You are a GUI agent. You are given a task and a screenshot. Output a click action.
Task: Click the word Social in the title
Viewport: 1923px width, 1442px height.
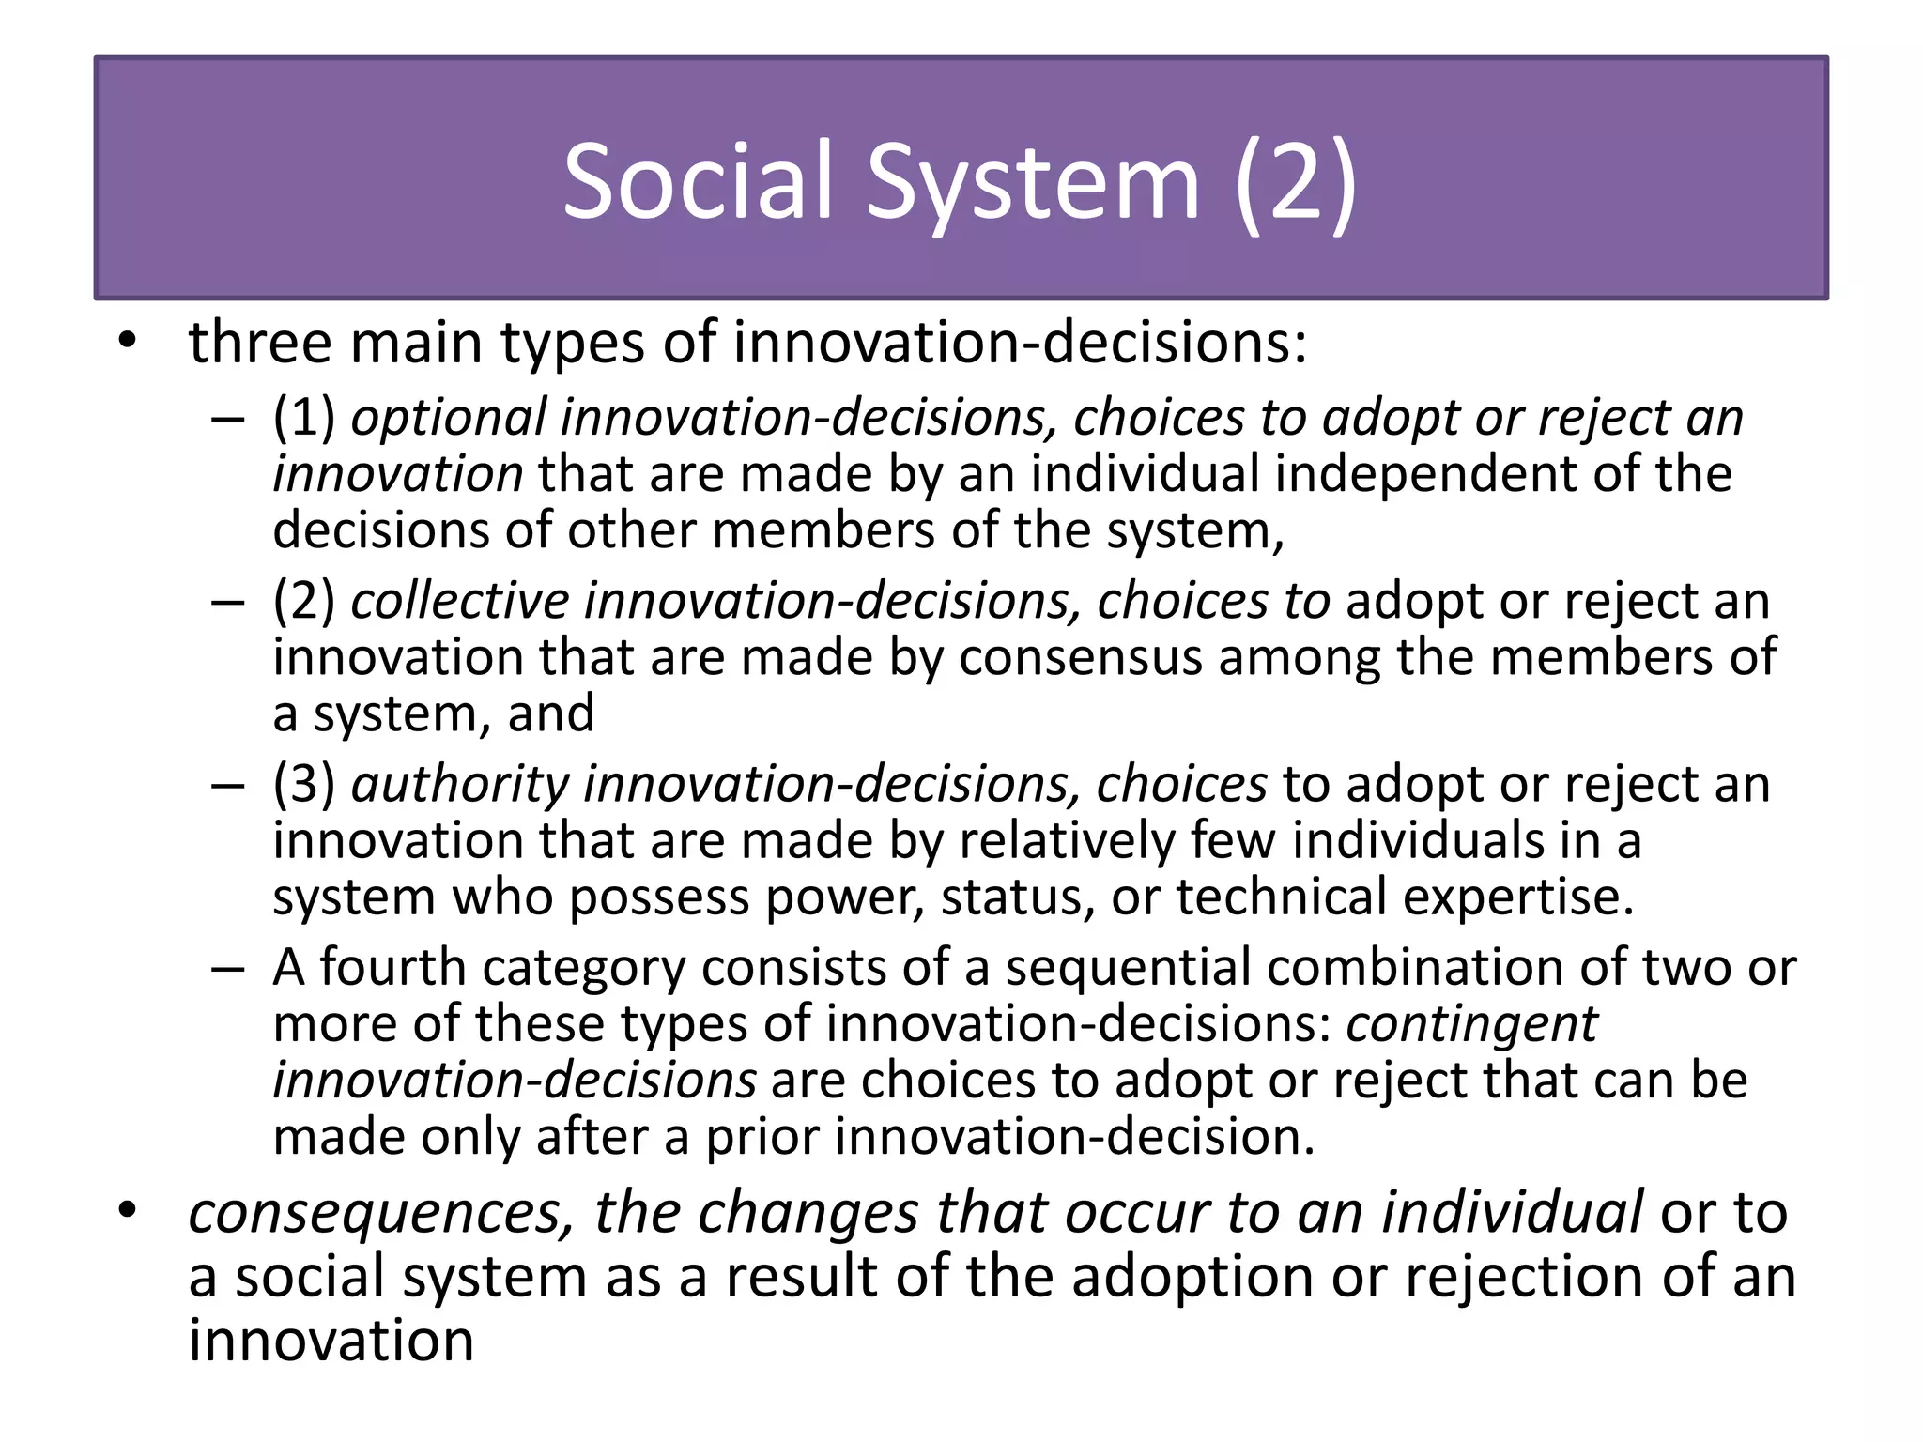(698, 181)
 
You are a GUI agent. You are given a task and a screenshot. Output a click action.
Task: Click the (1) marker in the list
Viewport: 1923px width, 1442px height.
(303, 417)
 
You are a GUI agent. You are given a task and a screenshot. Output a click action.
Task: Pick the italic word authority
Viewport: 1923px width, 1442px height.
(459, 785)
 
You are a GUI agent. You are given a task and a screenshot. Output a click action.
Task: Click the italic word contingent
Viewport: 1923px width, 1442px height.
(1471, 1024)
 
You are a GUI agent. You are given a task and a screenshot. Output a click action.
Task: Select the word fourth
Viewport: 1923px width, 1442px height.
(392, 967)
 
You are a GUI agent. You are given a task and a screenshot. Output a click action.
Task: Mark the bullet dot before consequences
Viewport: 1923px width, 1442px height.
(129, 1210)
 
